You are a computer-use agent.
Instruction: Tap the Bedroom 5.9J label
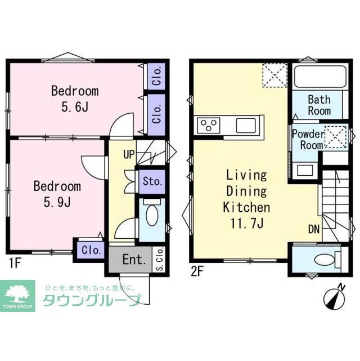56,193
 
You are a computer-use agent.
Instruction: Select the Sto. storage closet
152,182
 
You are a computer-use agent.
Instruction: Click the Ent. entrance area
134,260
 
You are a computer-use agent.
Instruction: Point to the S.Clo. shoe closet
159,260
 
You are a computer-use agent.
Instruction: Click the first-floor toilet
151,215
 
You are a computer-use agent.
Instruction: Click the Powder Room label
307,139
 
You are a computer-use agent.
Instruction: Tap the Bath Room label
319,105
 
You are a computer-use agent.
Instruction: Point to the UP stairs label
129,154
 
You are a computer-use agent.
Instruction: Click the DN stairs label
314,229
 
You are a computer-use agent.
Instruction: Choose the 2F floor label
197,270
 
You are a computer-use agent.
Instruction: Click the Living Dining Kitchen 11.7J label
247,198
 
